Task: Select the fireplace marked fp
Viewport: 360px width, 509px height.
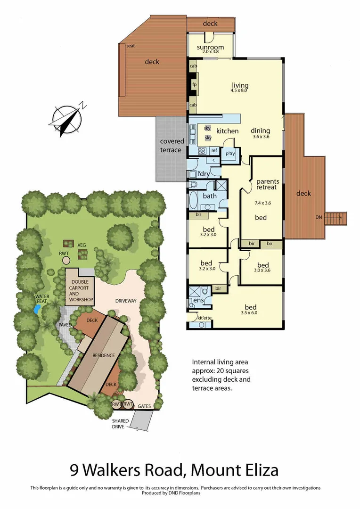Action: (194, 85)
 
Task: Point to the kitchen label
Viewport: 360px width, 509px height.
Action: (228, 131)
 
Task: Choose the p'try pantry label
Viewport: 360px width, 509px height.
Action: (230, 154)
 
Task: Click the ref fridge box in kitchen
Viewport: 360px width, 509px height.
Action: (214, 150)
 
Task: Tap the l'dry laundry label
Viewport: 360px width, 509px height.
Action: (203, 174)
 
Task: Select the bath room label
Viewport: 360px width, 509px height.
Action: (210, 196)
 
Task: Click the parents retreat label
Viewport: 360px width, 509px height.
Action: (267, 184)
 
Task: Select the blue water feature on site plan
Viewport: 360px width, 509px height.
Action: (37, 309)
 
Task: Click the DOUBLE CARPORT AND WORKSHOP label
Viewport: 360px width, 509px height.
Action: (80, 291)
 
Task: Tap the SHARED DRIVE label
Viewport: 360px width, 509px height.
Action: (118, 423)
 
